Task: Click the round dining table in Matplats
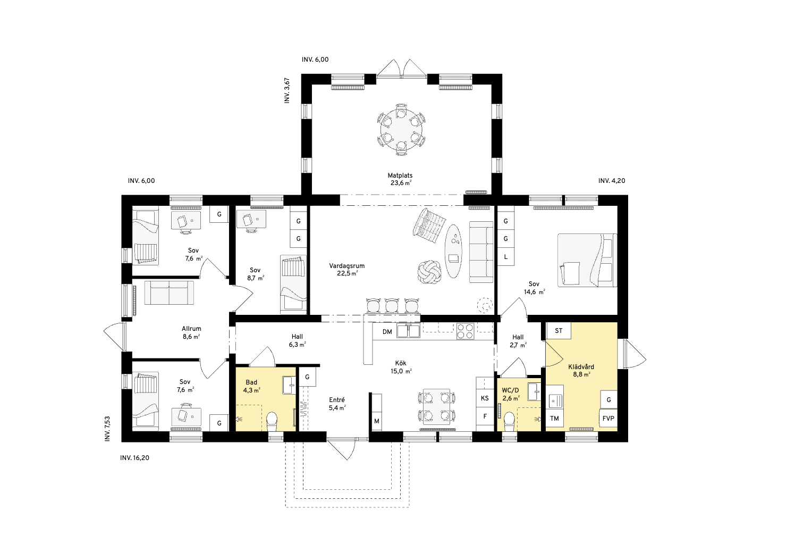point(401,129)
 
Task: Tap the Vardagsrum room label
point(347,266)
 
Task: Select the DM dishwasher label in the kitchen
point(387,331)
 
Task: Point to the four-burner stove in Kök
point(465,331)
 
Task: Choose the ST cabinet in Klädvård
point(558,331)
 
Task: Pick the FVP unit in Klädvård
point(608,418)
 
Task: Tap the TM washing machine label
point(554,418)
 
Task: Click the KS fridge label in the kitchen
point(485,398)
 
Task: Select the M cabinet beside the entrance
point(377,421)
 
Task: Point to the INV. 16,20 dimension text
point(134,458)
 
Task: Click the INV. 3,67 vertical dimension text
point(287,90)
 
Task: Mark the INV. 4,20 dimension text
point(612,181)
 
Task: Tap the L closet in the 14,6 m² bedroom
point(506,257)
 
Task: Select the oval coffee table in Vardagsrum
point(453,251)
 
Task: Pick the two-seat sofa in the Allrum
point(169,293)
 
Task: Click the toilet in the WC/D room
point(509,422)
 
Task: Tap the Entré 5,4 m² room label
point(337,403)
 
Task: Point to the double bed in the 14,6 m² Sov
point(587,260)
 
